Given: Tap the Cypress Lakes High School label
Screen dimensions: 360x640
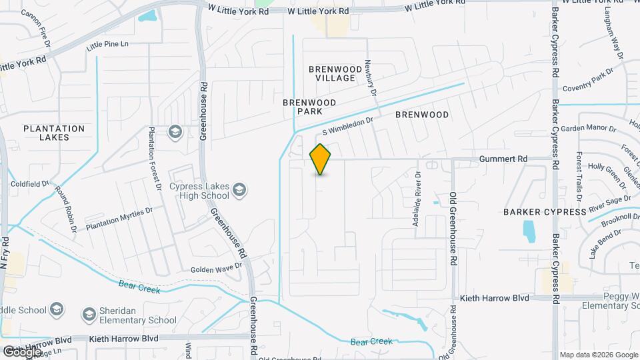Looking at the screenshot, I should click(199, 191).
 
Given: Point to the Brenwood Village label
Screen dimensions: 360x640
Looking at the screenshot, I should click(331, 73).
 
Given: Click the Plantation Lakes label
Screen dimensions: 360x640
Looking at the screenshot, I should click(54, 133).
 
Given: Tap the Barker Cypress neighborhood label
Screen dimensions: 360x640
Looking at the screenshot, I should click(539, 212).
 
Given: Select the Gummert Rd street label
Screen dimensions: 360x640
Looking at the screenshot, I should click(503, 159).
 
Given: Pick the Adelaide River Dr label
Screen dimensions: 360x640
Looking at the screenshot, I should click(416, 199).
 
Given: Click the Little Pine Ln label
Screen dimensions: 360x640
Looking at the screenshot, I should click(107, 46).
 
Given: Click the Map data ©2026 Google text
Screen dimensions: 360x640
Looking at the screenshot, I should click(599, 355).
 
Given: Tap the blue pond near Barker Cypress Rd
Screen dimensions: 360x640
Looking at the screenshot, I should click(529, 231).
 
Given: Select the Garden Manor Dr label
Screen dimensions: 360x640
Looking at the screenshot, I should click(586, 128).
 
